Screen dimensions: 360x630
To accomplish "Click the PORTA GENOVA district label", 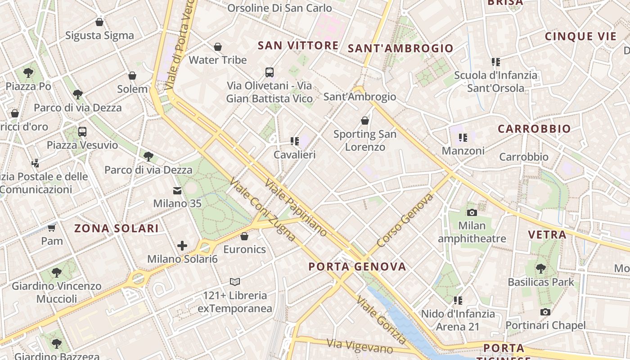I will coord(357,266).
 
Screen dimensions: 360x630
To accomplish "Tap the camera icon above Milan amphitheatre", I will coord(472,212).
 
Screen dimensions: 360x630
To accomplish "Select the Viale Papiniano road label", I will coord(296,207).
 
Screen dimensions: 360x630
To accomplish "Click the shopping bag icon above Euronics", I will coord(244,236).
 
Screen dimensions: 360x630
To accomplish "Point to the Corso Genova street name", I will coord(405,220).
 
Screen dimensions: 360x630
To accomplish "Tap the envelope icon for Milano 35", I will coord(177,191).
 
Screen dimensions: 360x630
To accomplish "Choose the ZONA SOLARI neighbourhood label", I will coord(117,228).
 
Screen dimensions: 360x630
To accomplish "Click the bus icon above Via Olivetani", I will coord(270,72).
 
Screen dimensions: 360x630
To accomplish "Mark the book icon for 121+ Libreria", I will coord(235,282).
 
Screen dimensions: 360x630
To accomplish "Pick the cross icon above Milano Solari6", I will coord(182,246).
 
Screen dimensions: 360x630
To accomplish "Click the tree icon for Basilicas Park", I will coord(541,269).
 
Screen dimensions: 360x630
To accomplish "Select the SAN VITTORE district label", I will coord(298,45).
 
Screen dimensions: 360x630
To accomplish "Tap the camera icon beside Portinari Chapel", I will coord(545,312).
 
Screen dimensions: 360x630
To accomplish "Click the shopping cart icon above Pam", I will coord(52,228).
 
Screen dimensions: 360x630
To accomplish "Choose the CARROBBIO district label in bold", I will coord(534,129).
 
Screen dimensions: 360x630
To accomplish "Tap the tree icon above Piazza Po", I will coord(28,72).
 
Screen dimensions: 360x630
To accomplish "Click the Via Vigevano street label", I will coord(360,346).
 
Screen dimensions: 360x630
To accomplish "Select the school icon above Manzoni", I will coord(463,138).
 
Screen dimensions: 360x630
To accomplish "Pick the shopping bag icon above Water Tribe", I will coord(218,47).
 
